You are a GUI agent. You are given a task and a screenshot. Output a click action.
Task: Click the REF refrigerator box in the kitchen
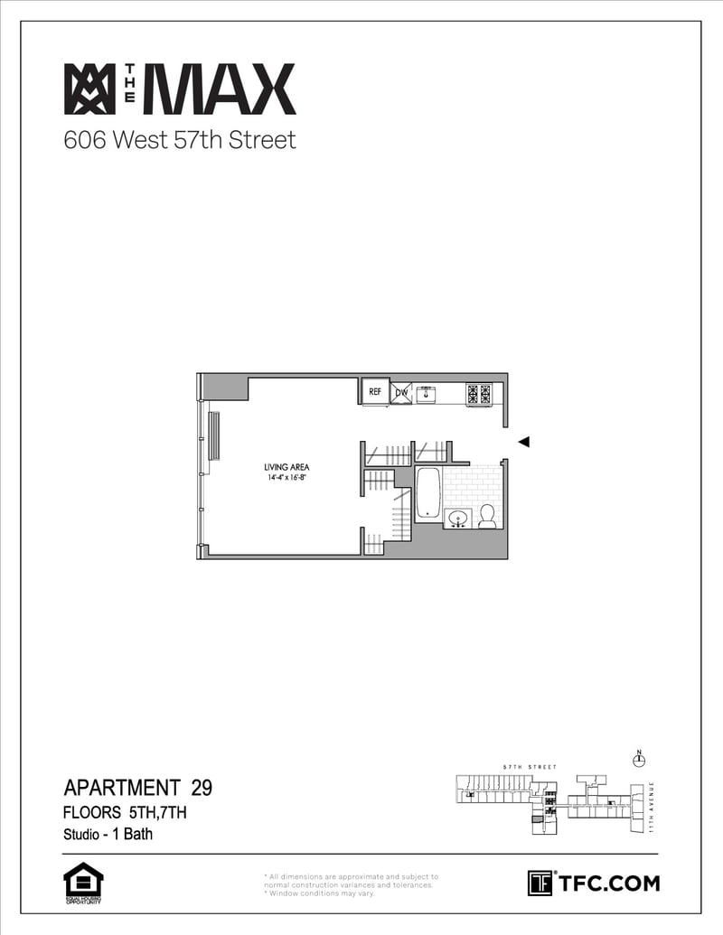[x=374, y=392]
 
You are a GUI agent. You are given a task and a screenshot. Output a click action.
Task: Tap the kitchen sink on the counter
[x=426, y=393]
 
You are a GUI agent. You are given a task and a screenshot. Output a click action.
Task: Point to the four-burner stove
[x=478, y=393]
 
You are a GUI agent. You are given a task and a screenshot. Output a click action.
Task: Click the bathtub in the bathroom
[x=427, y=493]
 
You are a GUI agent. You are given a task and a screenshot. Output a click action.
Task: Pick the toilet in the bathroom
[x=487, y=516]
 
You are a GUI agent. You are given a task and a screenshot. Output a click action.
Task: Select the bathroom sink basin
[x=457, y=519]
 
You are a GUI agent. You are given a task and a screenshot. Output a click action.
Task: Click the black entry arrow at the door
[x=522, y=442]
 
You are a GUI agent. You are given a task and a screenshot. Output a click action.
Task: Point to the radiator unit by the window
[x=214, y=436]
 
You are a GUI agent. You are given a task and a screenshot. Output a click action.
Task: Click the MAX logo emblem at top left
[x=89, y=89]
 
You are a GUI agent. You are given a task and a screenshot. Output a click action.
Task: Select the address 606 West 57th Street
[x=180, y=141]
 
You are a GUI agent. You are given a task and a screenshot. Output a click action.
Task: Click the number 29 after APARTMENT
[x=202, y=788]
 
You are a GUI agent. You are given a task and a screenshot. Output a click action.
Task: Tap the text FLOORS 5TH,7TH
[x=125, y=812]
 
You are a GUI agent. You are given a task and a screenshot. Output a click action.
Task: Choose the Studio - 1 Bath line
[x=108, y=834]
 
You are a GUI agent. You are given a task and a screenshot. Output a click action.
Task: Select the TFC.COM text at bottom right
[x=608, y=883]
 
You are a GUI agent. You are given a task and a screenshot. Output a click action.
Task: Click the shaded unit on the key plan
[x=539, y=819]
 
